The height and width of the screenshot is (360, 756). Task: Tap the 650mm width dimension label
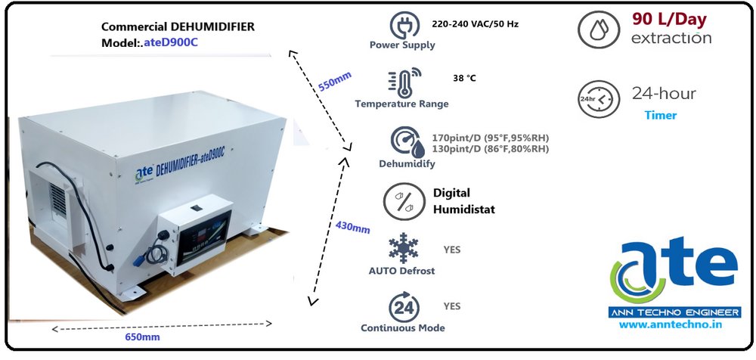142,337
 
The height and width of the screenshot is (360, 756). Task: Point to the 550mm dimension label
334,81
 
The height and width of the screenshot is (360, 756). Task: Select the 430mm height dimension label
352,228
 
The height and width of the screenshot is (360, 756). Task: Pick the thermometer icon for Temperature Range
402,82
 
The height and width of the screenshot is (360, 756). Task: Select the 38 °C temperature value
463,78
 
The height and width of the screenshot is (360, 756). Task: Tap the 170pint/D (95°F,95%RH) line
490,138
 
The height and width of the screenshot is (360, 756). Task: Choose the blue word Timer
660,116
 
